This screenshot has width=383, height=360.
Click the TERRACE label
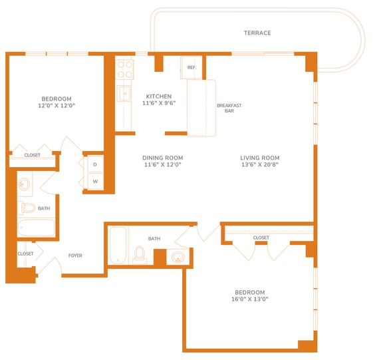point(257,33)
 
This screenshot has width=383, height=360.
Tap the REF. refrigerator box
point(191,68)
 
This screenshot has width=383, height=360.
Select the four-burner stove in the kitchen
point(124,69)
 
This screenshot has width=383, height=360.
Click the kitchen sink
point(124,93)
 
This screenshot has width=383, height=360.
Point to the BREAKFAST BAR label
point(229,108)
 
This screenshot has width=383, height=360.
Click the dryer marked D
point(95,164)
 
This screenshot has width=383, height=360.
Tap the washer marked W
point(95,182)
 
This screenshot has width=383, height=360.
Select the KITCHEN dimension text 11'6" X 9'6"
point(159,103)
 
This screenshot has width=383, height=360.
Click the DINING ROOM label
point(163,158)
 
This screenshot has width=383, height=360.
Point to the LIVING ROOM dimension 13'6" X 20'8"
point(260,164)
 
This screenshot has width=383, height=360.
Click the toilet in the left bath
point(27,208)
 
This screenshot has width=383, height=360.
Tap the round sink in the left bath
point(25,184)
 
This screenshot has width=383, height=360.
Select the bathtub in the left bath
point(36,228)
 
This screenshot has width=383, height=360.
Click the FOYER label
point(75,256)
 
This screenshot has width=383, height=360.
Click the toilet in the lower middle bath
point(140,255)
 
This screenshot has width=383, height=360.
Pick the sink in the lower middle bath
point(178,257)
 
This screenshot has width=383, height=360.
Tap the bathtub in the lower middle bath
point(118,245)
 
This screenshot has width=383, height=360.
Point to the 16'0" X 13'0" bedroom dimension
point(250,299)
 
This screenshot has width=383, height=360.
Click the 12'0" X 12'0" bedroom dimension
point(57,106)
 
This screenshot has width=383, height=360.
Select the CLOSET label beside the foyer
point(25,254)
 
